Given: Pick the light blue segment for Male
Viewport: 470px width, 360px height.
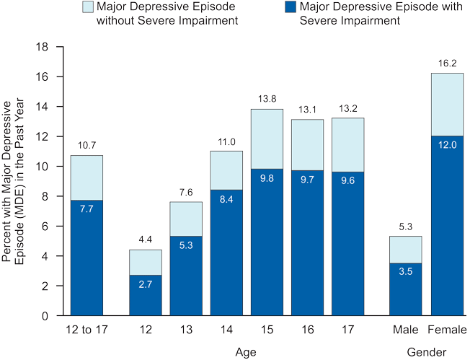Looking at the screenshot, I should pos(406,249).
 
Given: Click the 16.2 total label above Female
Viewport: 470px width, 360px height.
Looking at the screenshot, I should pos(447,63).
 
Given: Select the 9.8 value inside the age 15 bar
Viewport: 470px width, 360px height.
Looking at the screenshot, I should pos(266,179).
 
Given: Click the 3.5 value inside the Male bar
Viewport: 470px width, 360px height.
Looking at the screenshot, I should pos(406,273).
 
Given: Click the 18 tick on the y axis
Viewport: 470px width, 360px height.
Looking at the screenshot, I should pos(43,47).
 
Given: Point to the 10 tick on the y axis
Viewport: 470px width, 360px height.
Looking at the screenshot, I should pos(43,167).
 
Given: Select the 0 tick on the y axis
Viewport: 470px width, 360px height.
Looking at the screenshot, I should pos(45,316).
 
